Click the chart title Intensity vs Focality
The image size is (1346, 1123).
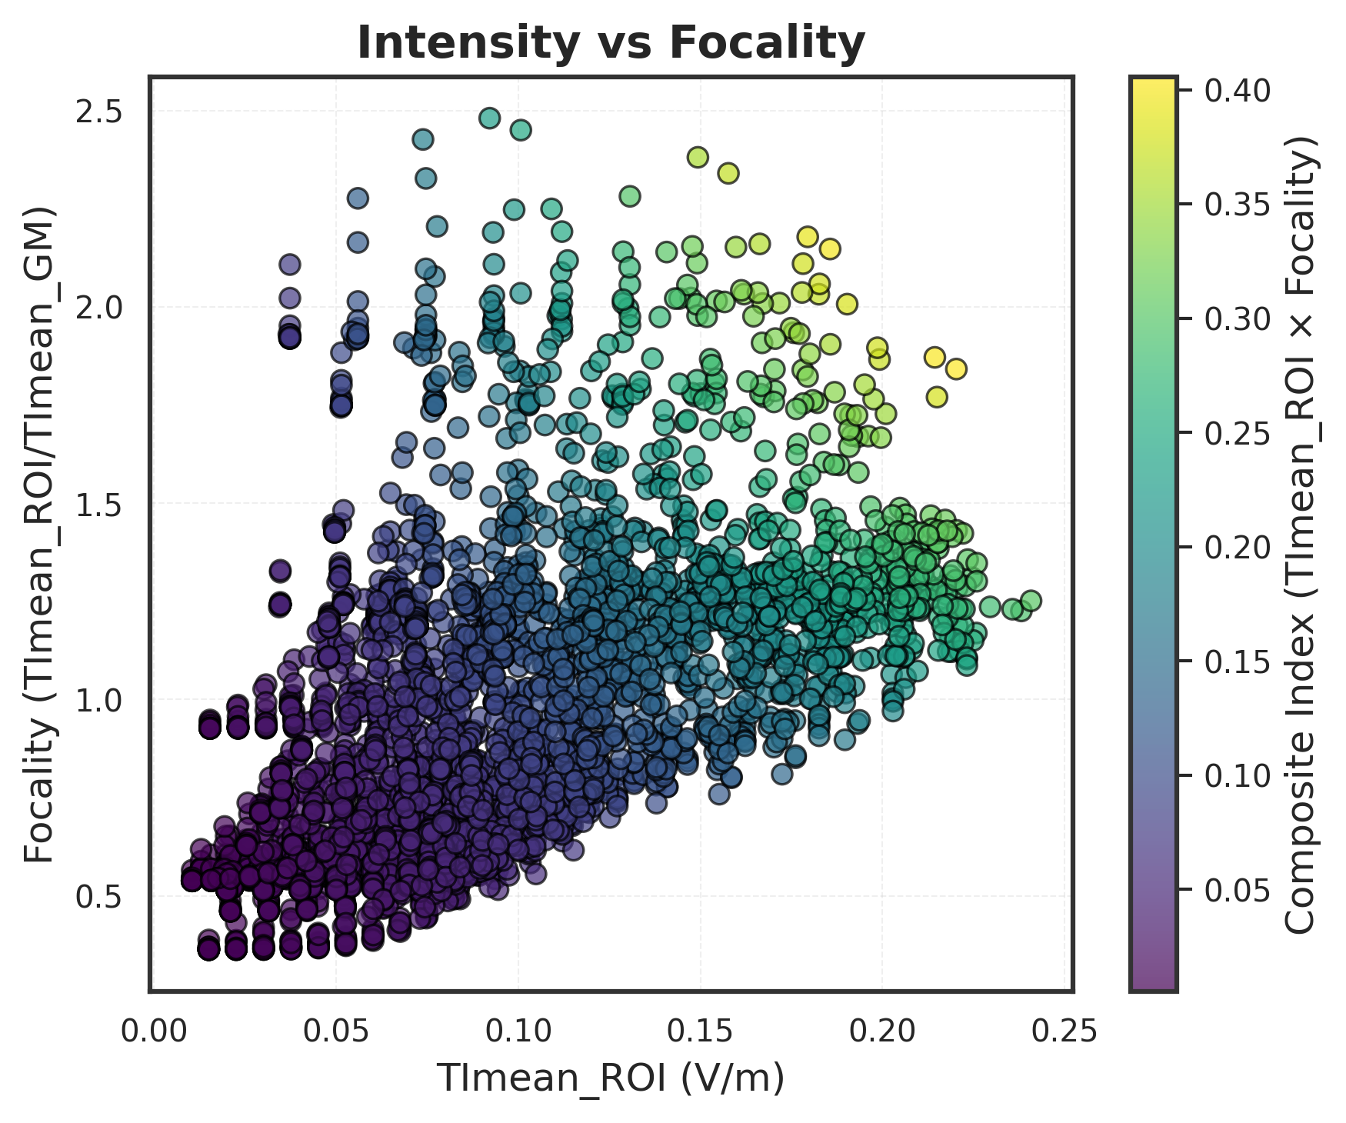(x=611, y=43)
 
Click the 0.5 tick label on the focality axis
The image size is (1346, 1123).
(x=99, y=897)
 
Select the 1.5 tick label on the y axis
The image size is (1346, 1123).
(x=99, y=504)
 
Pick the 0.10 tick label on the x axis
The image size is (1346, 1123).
(x=517, y=1031)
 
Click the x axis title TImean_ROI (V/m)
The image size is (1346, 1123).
(x=611, y=1078)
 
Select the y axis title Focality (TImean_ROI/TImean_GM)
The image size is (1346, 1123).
(x=38, y=534)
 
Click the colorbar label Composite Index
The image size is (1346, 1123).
(x=1304, y=534)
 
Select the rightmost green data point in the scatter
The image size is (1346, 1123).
(x=1031, y=601)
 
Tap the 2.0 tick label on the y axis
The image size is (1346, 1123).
(x=99, y=308)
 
